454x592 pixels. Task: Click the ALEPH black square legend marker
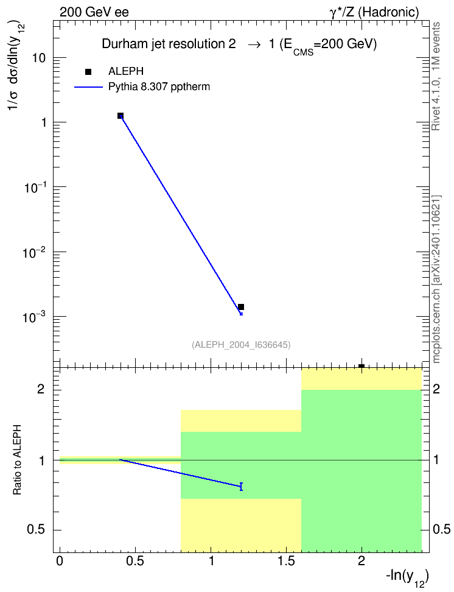click(88, 72)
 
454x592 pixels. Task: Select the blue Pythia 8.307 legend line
click(88, 87)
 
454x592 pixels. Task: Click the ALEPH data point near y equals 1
click(120, 116)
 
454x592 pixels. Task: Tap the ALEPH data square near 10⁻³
click(241, 307)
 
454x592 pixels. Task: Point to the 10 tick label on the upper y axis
click(38, 58)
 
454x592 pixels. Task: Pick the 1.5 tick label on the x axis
click(286, 561)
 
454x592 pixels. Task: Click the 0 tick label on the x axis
click(60, 561)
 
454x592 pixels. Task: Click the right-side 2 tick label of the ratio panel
click(436, 389)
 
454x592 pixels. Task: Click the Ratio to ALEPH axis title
click(17, 460)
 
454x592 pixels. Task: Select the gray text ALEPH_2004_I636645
click(241, 345)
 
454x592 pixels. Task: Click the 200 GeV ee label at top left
click(94, 12)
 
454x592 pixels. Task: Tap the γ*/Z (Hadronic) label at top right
click(374, 12)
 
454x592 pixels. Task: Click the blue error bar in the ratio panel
click(241, 486)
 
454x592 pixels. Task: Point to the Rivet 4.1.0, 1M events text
click(436, 76)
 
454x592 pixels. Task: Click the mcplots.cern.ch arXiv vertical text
click(436, 280)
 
